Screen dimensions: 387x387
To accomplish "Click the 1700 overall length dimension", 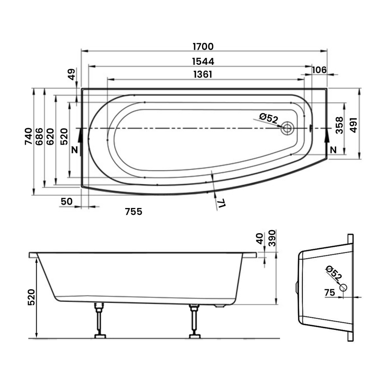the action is pos(203,46).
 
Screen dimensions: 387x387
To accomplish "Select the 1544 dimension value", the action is pos(203,61).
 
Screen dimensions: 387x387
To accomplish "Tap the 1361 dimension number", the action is pos(203,74).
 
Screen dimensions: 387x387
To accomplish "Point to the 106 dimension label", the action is pos(319,70).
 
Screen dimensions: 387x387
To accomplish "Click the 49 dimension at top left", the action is pos(71,74).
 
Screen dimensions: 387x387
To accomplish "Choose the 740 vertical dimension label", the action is pos(29,136).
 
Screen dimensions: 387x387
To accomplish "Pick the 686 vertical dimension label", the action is pos(39,136).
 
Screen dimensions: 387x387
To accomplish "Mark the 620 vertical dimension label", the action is pos(50,136).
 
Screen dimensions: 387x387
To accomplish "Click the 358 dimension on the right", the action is pos(340,125).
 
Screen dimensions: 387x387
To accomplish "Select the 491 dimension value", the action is pos(354,125).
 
